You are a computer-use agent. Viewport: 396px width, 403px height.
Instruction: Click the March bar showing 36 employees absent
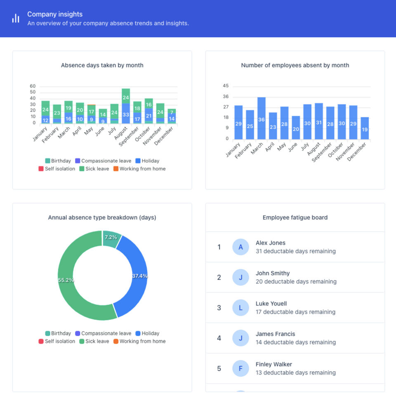262,118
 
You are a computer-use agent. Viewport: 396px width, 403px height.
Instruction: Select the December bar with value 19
365,128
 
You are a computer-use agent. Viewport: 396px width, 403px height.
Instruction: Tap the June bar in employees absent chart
296,127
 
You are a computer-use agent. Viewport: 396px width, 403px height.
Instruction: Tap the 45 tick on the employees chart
226,86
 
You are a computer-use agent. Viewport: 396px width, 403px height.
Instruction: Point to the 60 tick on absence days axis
33,86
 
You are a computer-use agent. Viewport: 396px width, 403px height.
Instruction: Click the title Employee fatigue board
295,217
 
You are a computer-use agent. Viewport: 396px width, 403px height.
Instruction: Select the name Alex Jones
271,243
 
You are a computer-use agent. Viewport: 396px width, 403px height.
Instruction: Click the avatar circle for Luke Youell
240,308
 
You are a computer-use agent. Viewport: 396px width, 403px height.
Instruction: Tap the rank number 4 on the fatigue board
219,338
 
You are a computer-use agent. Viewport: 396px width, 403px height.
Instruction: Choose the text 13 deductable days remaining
295,372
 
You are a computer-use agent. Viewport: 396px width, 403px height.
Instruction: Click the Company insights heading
55,14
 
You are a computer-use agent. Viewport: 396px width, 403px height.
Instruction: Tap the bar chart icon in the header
16,19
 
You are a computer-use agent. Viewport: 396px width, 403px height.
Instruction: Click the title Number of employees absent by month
295,65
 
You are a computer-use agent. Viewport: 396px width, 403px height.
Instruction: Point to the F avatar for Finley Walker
240,368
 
